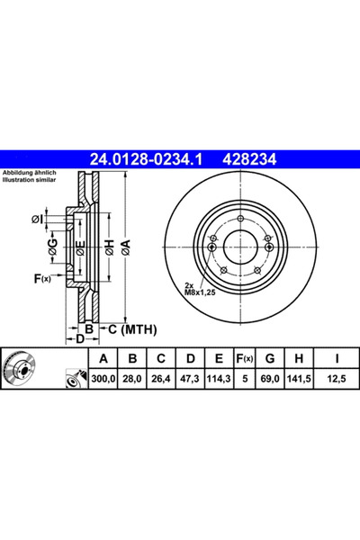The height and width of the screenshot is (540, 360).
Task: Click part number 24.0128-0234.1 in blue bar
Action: point(146,159)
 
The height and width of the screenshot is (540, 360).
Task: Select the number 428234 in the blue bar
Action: point(250,159)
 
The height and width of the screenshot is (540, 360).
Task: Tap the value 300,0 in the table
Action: point(103,379)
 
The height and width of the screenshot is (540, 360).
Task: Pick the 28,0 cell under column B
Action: point(132,379)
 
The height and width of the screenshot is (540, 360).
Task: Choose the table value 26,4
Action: point(161,379)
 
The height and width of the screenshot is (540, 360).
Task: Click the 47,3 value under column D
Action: point(190,379)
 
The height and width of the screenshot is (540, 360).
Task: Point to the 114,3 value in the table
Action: point(219,379)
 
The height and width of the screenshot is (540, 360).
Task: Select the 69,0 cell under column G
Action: point(270,379)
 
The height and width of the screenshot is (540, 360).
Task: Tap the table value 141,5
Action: point(299,379)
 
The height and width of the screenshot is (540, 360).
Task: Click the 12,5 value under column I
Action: point(337,379)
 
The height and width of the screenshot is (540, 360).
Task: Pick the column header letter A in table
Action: point(103,358)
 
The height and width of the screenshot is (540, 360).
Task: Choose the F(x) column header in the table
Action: point(245,358)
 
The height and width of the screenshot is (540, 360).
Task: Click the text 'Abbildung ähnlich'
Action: point(30,173)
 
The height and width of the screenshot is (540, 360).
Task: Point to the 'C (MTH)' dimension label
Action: point(132,329)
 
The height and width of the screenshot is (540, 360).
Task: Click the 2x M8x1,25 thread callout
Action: point(200,289)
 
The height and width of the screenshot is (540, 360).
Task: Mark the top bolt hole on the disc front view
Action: point(241,219)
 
